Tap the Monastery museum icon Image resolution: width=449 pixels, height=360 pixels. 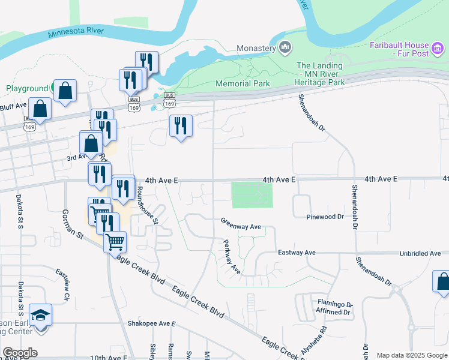[285, 47]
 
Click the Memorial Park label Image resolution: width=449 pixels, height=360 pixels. [243, 83]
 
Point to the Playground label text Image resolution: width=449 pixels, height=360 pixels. [26, 88]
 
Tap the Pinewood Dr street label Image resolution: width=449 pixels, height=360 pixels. [325, 217]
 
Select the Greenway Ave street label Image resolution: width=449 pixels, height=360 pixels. [241, 227]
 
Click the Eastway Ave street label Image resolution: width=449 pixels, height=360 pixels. [297, 253]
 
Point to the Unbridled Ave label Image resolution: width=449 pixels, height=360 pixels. [420, 254]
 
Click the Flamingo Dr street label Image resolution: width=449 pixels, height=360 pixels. [333, 304]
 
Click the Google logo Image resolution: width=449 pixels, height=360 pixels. [20, 353]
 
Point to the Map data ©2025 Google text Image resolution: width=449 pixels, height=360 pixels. [411, 355]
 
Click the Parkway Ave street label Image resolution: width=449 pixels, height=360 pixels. [232, 257]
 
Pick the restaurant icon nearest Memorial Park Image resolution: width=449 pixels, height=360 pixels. [181, 126]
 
